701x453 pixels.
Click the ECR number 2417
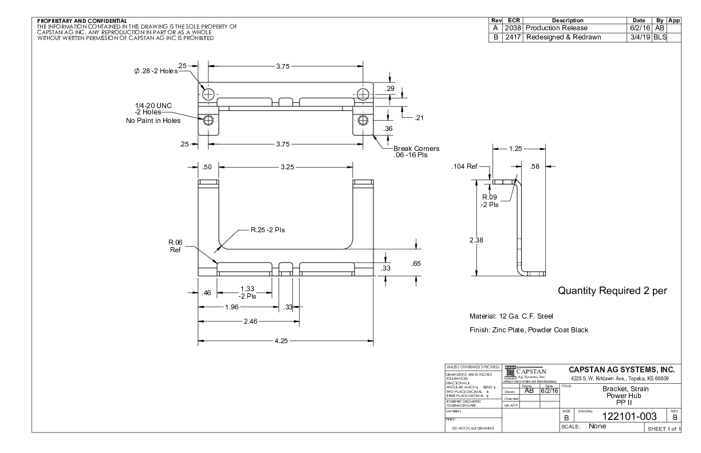[511, 37]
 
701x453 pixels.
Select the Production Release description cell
[557, 28]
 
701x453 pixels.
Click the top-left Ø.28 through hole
[208, 94]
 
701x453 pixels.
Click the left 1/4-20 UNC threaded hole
[208, 120]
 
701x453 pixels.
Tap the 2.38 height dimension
[476, 240]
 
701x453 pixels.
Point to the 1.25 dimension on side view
[515, 149]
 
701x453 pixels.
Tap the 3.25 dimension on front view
[285, 167]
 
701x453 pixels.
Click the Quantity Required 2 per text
[612, 291]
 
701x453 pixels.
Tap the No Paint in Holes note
[153, 121]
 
